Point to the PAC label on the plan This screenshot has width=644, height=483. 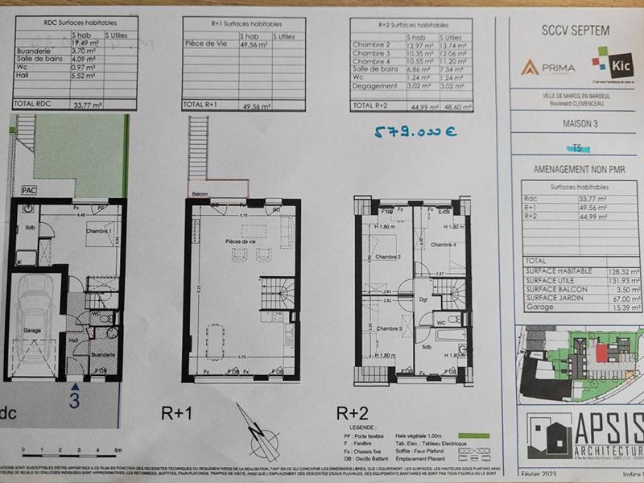pos(29,190)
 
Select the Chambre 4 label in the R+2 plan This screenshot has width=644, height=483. pos(443,244)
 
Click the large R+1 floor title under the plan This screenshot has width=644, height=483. pos(178,414)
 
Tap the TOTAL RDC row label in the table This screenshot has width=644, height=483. pos(33,104)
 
